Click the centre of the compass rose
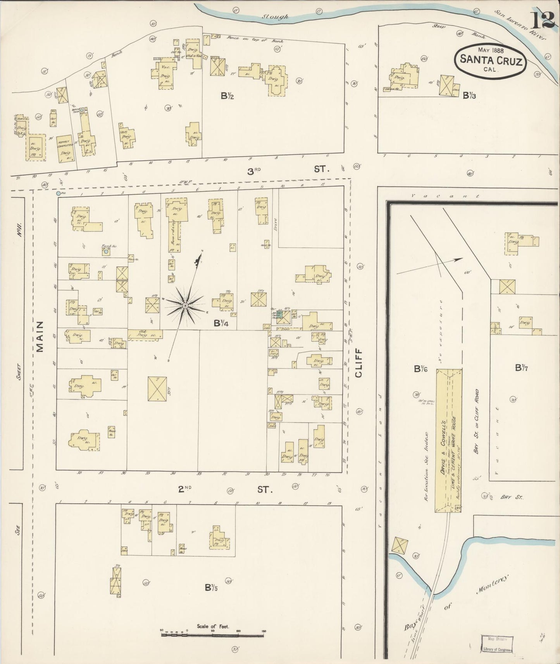(185, 306)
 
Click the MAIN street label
(40, 336)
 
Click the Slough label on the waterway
(275, 17)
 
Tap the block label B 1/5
(211, 587)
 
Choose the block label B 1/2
(227, 96)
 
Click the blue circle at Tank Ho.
(105, 252)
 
